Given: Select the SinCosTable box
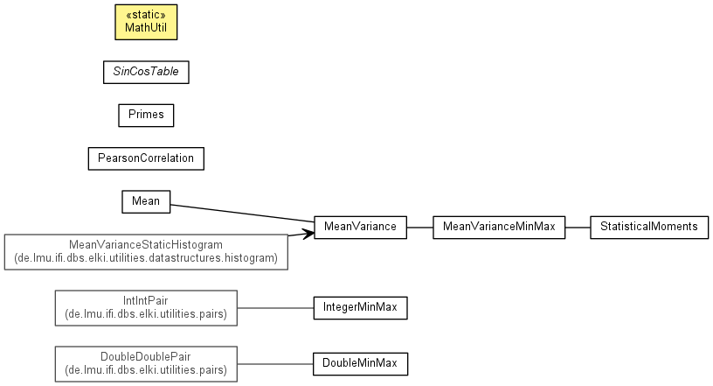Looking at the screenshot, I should click(x=146, y=72).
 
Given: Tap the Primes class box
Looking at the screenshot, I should click(x=146, y=115).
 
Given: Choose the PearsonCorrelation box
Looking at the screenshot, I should click(x=146, y=158).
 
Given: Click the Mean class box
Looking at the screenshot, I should click(x=145, y=201).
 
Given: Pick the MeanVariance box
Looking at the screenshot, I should click(x=360, y=227).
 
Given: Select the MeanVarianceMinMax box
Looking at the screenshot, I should click(x=499, y=227).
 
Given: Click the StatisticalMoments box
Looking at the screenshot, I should click(x=649, y=227).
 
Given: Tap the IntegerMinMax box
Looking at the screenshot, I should click(x=360, y=307).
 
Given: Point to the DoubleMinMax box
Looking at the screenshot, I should click(x=360, y=362).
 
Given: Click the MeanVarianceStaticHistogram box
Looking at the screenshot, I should click(x=146, y=251).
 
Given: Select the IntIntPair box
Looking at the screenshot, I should click(x=146, y=307).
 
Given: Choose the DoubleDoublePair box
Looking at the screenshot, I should click(x=146, y=362).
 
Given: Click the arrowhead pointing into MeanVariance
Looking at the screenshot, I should click(x=308, y=232).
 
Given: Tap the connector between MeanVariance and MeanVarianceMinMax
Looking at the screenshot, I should click(x=419, y=227).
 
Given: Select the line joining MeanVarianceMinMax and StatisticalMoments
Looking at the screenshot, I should click(x=578, y=227).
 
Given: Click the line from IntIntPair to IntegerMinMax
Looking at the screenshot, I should click(x=275, y=307).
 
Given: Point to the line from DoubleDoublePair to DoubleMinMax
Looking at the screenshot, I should click(x=275, y=362).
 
